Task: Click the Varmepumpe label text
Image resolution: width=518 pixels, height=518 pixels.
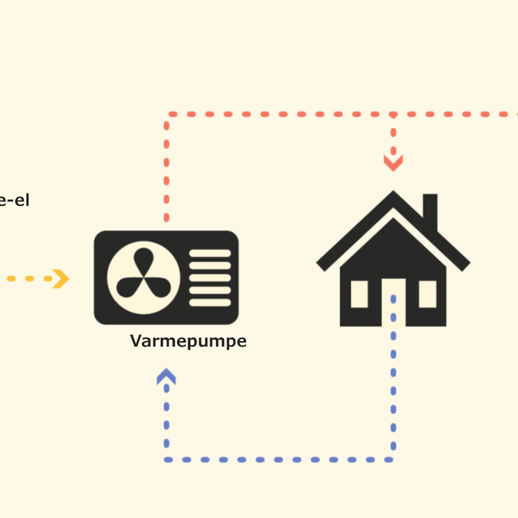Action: [x=188, y=342]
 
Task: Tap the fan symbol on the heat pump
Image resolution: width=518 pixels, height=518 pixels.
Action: [x=144, y=278]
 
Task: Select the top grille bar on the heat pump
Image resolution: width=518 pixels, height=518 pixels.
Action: [x=210, y=254]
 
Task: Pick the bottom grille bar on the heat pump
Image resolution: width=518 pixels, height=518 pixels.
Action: [x=210, y=302]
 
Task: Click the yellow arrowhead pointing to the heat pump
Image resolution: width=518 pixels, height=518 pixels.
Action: [x=61, y=278]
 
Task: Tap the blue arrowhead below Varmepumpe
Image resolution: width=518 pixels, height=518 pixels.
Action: [x=166, y=376]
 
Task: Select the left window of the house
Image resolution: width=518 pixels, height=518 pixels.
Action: [x=359, y=294]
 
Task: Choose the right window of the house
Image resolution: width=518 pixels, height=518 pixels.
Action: [x=428, y=294]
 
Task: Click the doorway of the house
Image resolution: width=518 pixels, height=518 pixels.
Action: [x=393, y=305]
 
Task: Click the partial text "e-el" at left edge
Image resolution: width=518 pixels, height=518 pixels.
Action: [x=14, y=202]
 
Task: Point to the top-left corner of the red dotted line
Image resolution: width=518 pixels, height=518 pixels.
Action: [x=167, y=115]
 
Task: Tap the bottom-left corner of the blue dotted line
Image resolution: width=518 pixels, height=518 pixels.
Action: [x=167, y=460]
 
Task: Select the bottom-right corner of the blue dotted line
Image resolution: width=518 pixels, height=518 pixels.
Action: [x=393, y=460]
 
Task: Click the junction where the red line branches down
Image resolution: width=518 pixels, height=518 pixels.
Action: [x=393, y=115]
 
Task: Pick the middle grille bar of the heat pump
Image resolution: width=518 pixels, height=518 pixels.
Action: [x=210, y=278]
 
